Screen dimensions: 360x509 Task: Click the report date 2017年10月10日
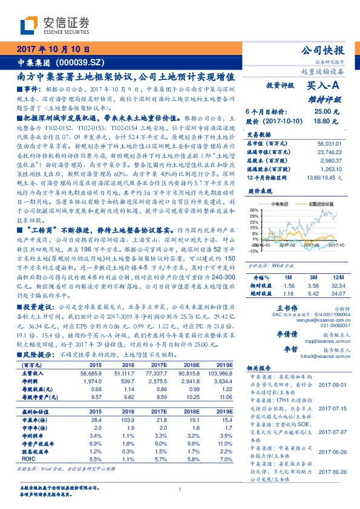pos(57,50)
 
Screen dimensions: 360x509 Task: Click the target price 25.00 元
pos(321,111)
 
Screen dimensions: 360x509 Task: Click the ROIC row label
pos(28,459)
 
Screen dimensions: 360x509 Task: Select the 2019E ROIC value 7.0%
pos(225,459)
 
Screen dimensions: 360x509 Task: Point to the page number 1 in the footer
pos(180,490)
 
